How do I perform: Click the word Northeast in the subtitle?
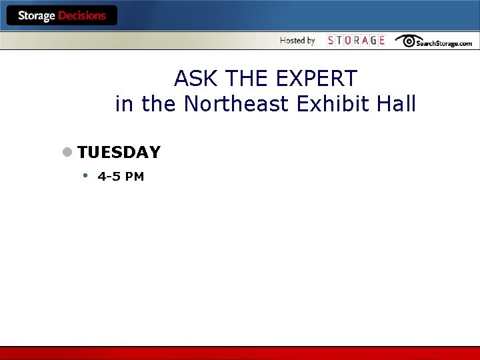click(x=239, y=104)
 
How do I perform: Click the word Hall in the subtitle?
click(x=397, y=104)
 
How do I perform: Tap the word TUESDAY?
click(x=119, y=153)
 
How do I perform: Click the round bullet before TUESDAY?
click(x=67, y=152)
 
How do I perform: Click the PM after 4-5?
click(x=135, y=177)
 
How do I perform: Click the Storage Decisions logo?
click(x=62, y=15)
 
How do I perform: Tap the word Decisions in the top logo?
click(x=82, y=15)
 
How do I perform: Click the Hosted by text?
click(x=297, y=41)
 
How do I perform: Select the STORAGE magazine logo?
click(x=356, y=41)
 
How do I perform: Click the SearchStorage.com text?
click(x=444, y=43)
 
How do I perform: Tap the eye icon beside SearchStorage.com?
click(x=407, y=41)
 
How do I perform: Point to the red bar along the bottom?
click(x=240, y=353)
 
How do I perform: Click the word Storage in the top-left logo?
click(x=37, y=15)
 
